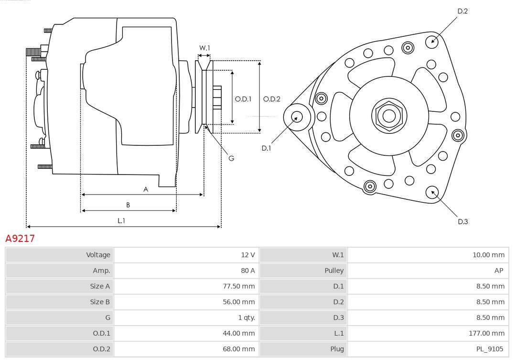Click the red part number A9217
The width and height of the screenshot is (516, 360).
click(x=20, y=238)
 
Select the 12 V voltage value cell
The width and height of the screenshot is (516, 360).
click(x=247, y=255)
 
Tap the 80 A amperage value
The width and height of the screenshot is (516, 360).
click(x=247, y=271)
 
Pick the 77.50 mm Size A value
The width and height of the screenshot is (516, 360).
click(x=238, y=286)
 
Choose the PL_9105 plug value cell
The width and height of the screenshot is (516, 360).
click(x=489, y=349)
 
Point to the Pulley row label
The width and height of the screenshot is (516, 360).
click(x=334, y=271)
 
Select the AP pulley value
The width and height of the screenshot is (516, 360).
click(x=498, y=271)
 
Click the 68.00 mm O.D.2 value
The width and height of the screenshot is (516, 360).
click(x=238, y=349)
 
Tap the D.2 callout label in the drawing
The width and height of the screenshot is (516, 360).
click(x=462, y=11)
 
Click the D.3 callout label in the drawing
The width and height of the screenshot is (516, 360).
click(x=462, y=221)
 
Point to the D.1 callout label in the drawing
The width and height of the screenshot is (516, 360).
click(x=266, y=148)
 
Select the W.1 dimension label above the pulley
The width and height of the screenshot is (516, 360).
click(x=204, y=48)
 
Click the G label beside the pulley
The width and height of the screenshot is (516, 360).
click(x=231, y=158)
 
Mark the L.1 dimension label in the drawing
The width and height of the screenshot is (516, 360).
click(x=121, y=220)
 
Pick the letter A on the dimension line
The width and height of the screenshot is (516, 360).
click(x=146, y=189)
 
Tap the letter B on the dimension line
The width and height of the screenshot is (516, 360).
click(x=128, y=205)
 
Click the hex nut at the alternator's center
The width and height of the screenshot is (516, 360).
click(x=389, y=115)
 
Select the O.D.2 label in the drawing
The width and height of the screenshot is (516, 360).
click(x=271, y=99)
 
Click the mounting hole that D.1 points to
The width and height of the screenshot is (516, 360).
click(x=297, y=117)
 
